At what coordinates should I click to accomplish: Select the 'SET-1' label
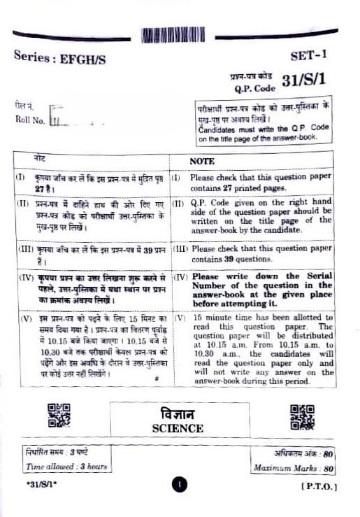(x=308, y=55)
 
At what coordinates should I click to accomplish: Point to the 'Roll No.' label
(x=29, y=120)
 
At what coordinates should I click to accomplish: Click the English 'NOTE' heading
(x=202, y=160)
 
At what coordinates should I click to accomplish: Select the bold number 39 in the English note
(x=226, y=258)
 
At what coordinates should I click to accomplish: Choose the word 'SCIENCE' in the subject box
(x=178, y=428)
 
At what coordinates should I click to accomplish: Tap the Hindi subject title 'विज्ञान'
(x=178, y=413)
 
